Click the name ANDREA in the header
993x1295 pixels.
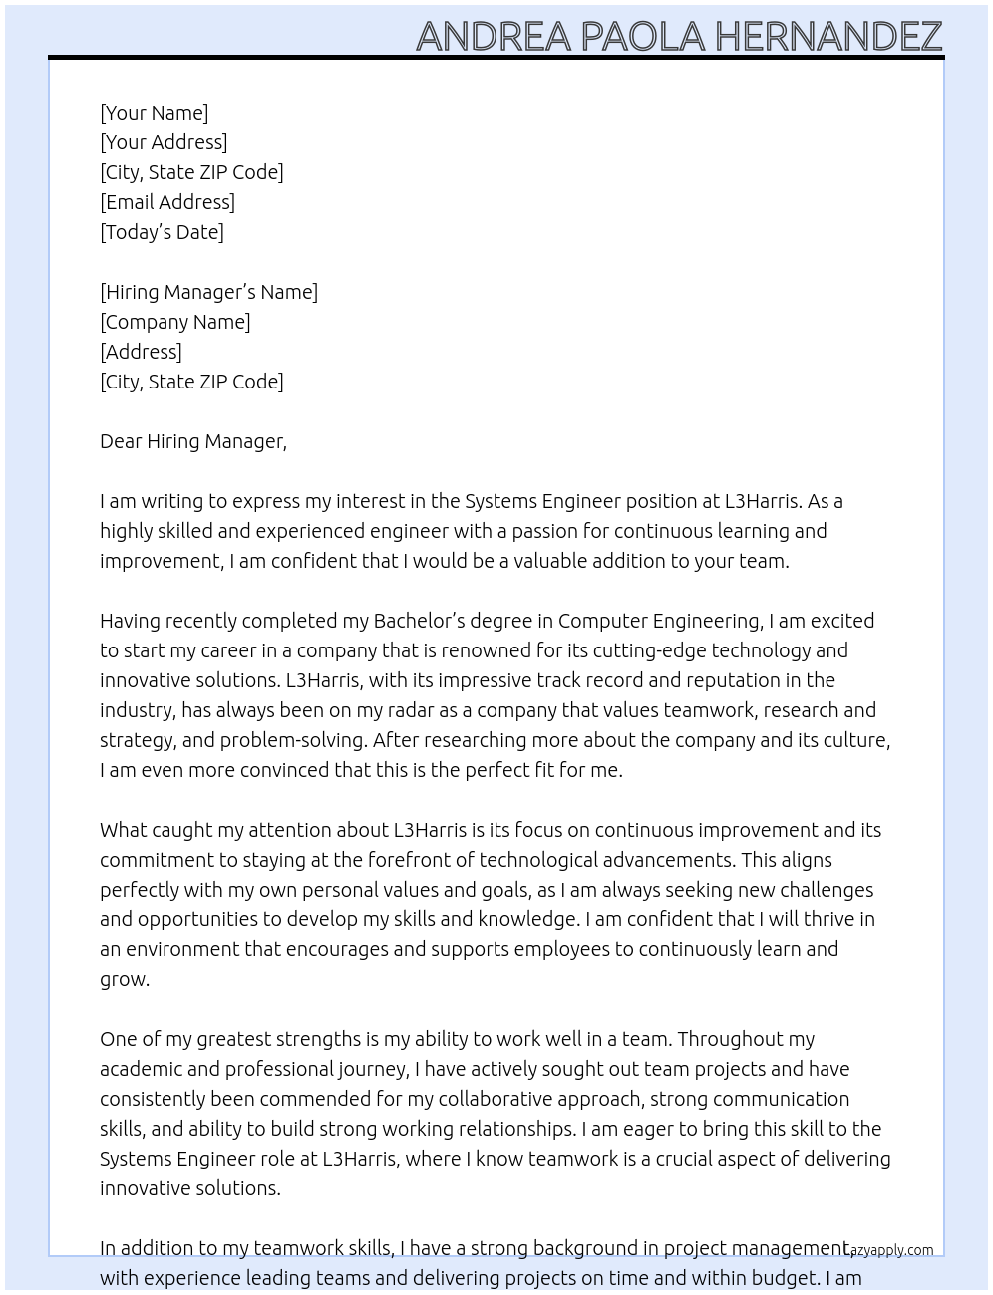click(x=493, y=36)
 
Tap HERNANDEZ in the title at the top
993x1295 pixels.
click(x=827, y=36)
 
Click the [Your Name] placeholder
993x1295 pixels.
click(x=154, y=113)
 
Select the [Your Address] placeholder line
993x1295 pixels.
click(x=164, y=142)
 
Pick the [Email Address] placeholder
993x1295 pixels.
click(x=167, y=202)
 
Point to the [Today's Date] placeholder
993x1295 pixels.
click(x=162, y=232)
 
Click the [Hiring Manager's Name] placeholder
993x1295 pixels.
click(x=208, y=292)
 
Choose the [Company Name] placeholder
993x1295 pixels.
click(x=174, y=322)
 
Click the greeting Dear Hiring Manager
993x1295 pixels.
click(x=192, y=441)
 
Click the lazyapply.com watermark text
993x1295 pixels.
click(x=890, y=1250)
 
